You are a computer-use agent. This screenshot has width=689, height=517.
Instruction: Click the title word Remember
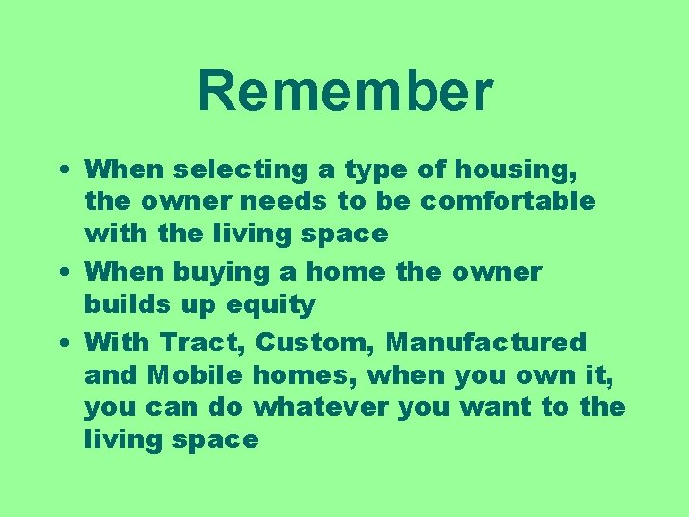click(x=344, y=91)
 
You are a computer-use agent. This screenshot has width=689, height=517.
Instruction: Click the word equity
click(x=271, y=304)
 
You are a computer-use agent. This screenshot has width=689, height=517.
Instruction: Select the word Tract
click(x=204, y=342)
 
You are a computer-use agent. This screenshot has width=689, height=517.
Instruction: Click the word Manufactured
click(x=486, y=342)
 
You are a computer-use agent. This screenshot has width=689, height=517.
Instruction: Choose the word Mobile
click(x=198, y=374)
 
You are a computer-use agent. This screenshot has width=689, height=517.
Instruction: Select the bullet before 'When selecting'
click(x=61, y=169)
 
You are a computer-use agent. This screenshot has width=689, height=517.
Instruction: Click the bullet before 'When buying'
click(x=61, y=272)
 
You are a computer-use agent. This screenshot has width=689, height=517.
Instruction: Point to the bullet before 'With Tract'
click(x=61, y=342)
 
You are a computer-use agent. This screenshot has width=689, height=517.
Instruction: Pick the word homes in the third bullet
click(x=306, y=374)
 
